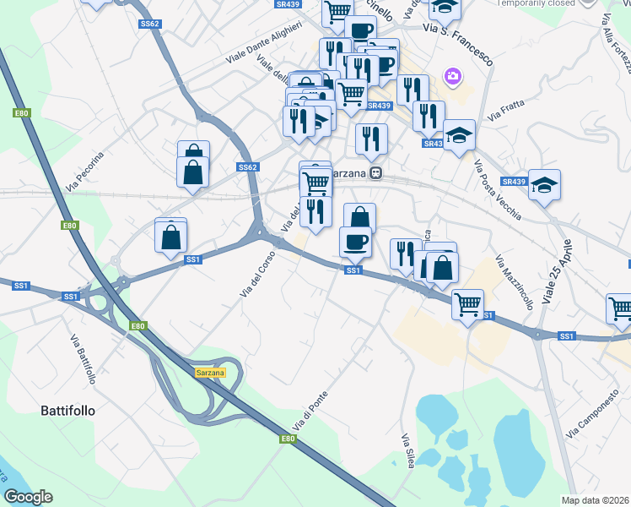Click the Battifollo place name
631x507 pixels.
point(68,412)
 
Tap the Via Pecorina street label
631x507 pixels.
point(85,170)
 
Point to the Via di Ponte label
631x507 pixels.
point(310,412)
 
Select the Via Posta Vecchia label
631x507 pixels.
point(496,190)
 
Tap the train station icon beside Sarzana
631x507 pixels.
point(376,173)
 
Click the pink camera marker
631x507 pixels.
point(454,78)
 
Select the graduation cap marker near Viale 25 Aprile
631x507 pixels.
point(544,184)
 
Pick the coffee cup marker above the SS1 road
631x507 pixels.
point(354,241)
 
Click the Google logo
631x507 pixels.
point(29,497)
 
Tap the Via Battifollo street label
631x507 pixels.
point(84,359)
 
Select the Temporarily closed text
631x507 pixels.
point(536,3)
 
